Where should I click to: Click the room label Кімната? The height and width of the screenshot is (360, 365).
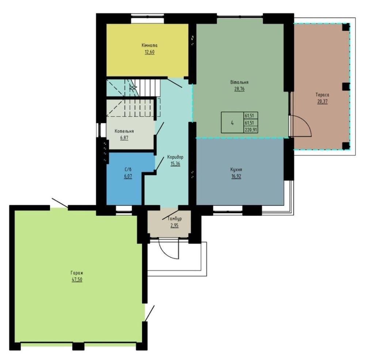(x=149, y=45)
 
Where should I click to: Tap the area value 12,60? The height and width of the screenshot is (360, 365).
(x=149, y=52)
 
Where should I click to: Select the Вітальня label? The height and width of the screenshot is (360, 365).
(x=239, y=82)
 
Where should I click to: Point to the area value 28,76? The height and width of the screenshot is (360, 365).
(x=239, y=89)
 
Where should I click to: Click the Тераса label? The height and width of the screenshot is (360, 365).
(x=322, y=95)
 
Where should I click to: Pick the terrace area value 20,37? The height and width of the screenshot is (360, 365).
(x=322, y=101)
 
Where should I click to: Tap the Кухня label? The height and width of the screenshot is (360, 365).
(x=236, y=170)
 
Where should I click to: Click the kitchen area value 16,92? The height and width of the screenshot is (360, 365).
(x=236, y=176)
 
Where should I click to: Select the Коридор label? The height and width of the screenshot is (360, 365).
(x=175, y=157)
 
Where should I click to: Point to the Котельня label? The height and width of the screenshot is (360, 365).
(x=124, y=131)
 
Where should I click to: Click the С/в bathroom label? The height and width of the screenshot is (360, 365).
(x=128, y=169)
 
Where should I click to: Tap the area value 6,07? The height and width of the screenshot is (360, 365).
(x=128, y=176)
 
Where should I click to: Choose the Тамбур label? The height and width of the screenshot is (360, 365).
(x=174, y=219)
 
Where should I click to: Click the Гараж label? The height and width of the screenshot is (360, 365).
(x=77, y=273)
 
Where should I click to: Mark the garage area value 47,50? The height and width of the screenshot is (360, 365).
(x=77, y=280)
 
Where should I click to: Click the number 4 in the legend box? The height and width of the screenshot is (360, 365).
(x=232, y=123)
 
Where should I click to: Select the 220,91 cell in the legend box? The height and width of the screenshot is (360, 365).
(x=251, y=130)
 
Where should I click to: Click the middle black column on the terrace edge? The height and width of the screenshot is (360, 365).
(x=346, y=86)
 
